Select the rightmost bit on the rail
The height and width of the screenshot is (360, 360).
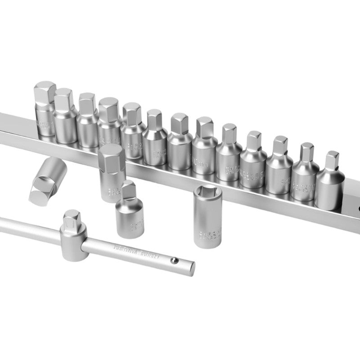329,182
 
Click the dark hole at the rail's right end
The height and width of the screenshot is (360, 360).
359,209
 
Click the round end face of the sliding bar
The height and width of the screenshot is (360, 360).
191,268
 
